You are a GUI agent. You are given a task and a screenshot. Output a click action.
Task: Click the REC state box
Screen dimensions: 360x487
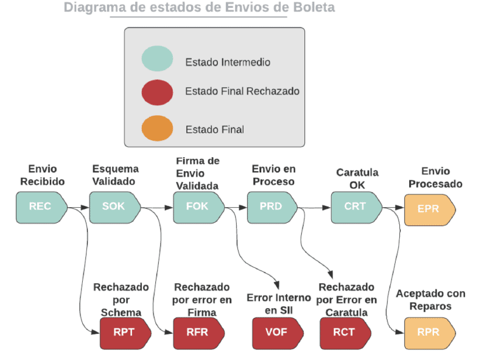tap(41, 206)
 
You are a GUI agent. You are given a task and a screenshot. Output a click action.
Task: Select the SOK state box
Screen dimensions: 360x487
tap(114, 206)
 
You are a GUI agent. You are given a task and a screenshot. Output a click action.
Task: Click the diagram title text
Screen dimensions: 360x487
tap(198, 9)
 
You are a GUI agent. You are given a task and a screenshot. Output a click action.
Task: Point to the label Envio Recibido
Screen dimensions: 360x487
tap(42, 175)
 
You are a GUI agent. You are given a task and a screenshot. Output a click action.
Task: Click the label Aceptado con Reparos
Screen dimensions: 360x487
tap(430, 300)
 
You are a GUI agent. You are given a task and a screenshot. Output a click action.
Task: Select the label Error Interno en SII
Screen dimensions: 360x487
tap(278, 305)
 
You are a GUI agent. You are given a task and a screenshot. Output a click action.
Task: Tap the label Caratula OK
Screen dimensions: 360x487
tap(357, 178)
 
